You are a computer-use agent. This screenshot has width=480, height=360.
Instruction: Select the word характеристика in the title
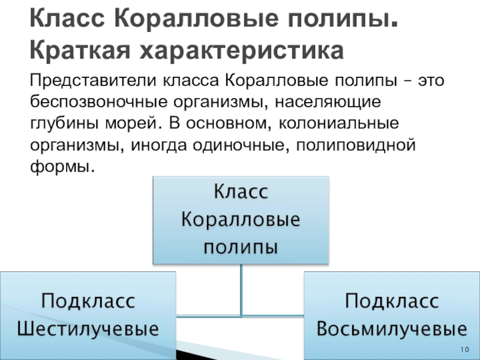(242, 50)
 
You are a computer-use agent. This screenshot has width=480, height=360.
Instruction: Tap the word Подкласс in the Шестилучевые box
(88, 301)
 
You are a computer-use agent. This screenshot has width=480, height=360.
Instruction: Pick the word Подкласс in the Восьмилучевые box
(392, 301)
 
